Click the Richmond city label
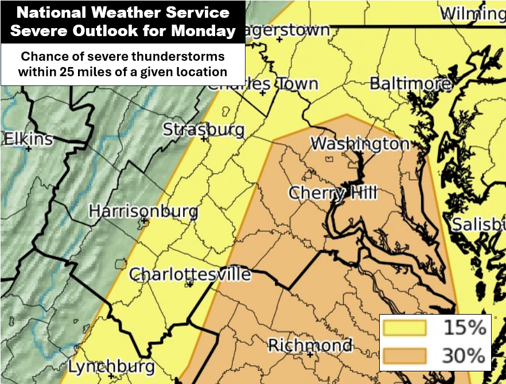tap(310, 345)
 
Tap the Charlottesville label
tap(190, 275)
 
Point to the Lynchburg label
tap(111, 366)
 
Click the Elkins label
tap(28, 139)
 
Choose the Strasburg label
tap(204, 130)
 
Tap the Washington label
tap(360, 143)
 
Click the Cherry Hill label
tap(332, 193)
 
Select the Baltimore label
tap(410, 84)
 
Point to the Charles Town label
tap(262, 84)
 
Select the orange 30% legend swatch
tap(405, 356)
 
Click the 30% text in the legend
tap(463, 356)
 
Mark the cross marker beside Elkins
tap(28, 148)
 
